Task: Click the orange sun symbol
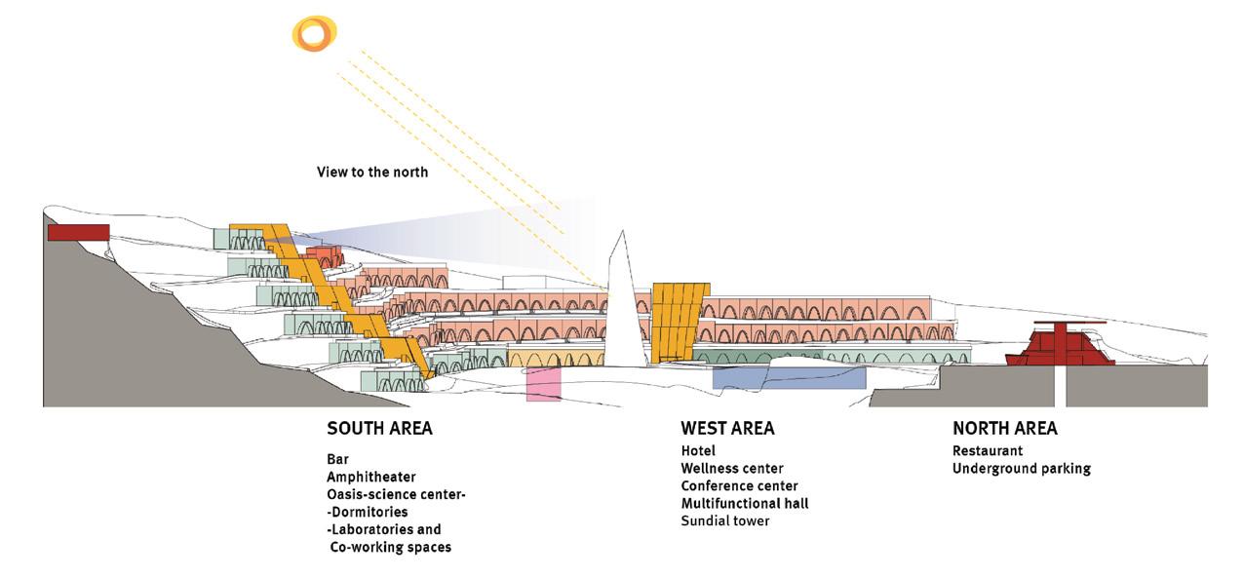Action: pos(314,35)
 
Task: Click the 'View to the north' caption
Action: pos(372,173)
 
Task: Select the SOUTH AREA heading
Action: pos(379,429)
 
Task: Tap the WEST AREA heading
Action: pos(727,429)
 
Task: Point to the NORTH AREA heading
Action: pos(1004,429)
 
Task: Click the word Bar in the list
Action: pos(337,459)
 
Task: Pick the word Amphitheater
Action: pos(371,477)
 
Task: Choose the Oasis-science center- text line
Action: pos(397,494)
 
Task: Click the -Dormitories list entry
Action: pos(368,512)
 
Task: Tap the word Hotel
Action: pos(698,450)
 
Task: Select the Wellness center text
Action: pos(732,468)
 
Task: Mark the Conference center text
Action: pos(739,485)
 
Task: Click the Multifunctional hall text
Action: pos(745,503)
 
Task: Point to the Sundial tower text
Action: pos(725,520)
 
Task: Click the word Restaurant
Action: pos(988,450)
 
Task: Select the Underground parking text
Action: pos(1021,468)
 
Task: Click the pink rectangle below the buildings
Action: pos(543,384)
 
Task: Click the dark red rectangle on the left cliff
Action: pos(78,232)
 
